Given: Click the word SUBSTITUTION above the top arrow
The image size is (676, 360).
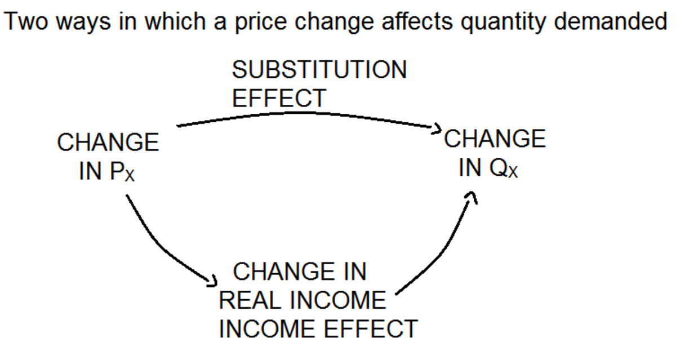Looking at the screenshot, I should click(319, 70).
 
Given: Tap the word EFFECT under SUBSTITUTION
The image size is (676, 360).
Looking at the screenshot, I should click(279, 98).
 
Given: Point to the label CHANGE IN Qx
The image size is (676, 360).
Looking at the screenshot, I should click(495, 153).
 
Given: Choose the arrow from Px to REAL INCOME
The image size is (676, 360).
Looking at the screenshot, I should click(163, 248).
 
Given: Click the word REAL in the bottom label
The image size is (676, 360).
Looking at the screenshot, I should click(250, 300).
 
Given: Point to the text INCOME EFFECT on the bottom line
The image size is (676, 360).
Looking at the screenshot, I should click(318, 328).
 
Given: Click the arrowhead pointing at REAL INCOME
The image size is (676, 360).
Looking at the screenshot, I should click(212, 280).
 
